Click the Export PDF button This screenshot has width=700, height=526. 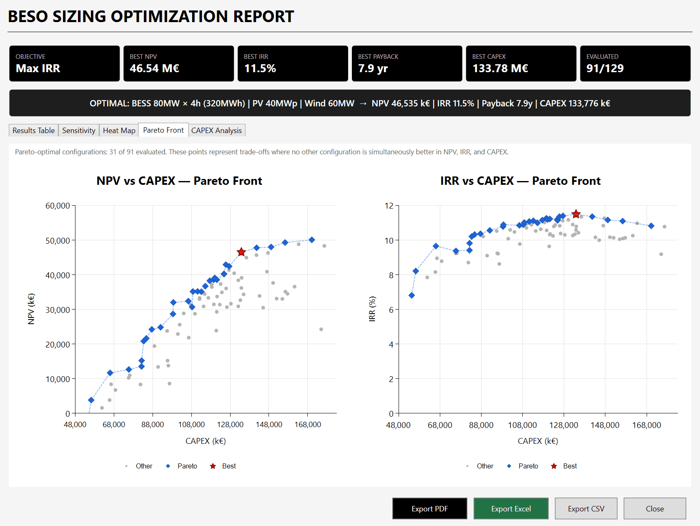(429, 508)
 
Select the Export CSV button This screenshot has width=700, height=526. (586, 508)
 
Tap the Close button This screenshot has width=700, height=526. (655, 508)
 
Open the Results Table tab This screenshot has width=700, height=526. (33, 131)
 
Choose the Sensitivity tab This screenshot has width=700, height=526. (78, 131)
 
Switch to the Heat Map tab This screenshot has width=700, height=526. (119, 131)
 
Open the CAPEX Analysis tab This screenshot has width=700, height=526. (216, 131)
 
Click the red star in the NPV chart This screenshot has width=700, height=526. (241, 252)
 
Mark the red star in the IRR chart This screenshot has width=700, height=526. (576, 214)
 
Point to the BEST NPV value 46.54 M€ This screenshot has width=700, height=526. (154, 68)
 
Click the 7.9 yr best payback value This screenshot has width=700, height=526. (373, 68)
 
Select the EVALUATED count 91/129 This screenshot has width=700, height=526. (605, 68)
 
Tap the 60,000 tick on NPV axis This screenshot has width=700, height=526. (58, 206)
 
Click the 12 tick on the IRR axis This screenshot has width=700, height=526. (389, 206)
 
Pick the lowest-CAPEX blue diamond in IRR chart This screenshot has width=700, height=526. (411, 295)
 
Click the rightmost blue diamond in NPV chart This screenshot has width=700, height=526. (312, 240)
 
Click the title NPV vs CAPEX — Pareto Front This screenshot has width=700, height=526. (179, 181)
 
